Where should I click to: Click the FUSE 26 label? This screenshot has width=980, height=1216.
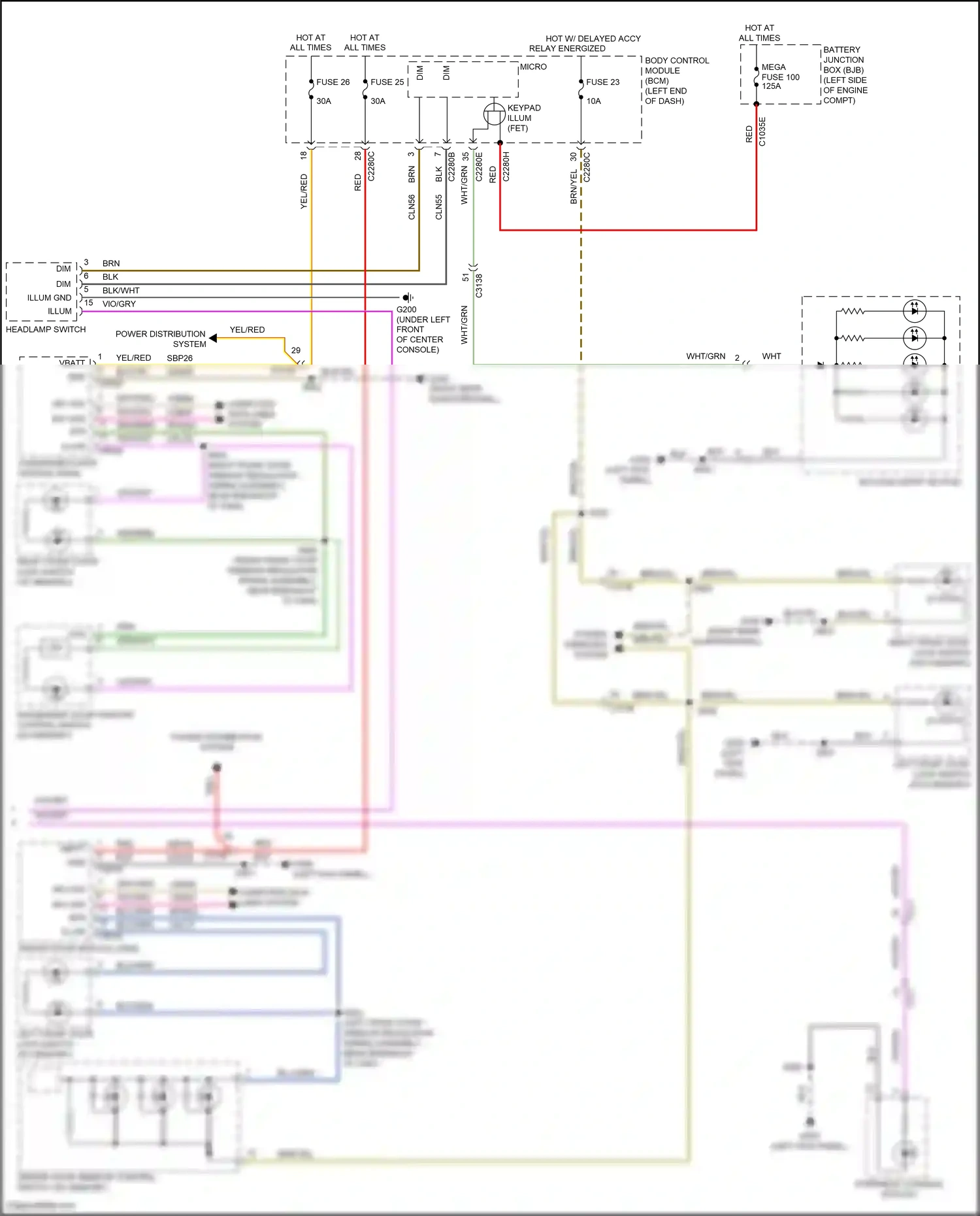(x=333, y=82)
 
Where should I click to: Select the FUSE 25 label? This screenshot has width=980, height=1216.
(x=387, y=82)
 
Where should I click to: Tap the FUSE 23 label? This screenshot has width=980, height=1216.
(x=602, y=82)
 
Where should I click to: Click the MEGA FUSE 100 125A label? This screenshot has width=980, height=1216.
(x=780, y=76)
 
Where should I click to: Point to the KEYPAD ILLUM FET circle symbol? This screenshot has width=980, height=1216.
(x=494, y=115)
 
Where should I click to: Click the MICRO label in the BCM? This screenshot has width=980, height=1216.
(x=533, y=67)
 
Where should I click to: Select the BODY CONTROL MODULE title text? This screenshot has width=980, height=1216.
(x=676, y=65)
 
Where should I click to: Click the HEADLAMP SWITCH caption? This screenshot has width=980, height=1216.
(x=46, y=329)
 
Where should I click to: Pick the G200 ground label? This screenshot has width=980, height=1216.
(x=406, y=310)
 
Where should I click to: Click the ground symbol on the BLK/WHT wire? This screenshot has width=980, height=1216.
(x=408, y=297)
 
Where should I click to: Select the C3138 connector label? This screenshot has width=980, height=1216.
(x=479, y=286)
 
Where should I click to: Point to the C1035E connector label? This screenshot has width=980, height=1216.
(x=762, y=131)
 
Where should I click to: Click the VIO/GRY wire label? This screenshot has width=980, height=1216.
(x=119, y=304)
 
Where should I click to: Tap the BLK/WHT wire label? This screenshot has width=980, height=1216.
(x=121, y=290)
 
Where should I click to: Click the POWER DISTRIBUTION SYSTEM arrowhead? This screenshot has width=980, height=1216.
(x=213, y=338)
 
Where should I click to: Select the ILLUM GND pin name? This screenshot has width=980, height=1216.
(x=50, y=297)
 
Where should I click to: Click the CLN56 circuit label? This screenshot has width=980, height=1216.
(x=412, y=207)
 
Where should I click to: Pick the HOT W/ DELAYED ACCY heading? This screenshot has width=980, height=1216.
(x=593, y=39)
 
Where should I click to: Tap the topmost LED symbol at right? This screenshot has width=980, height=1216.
(x=914, y=311)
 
